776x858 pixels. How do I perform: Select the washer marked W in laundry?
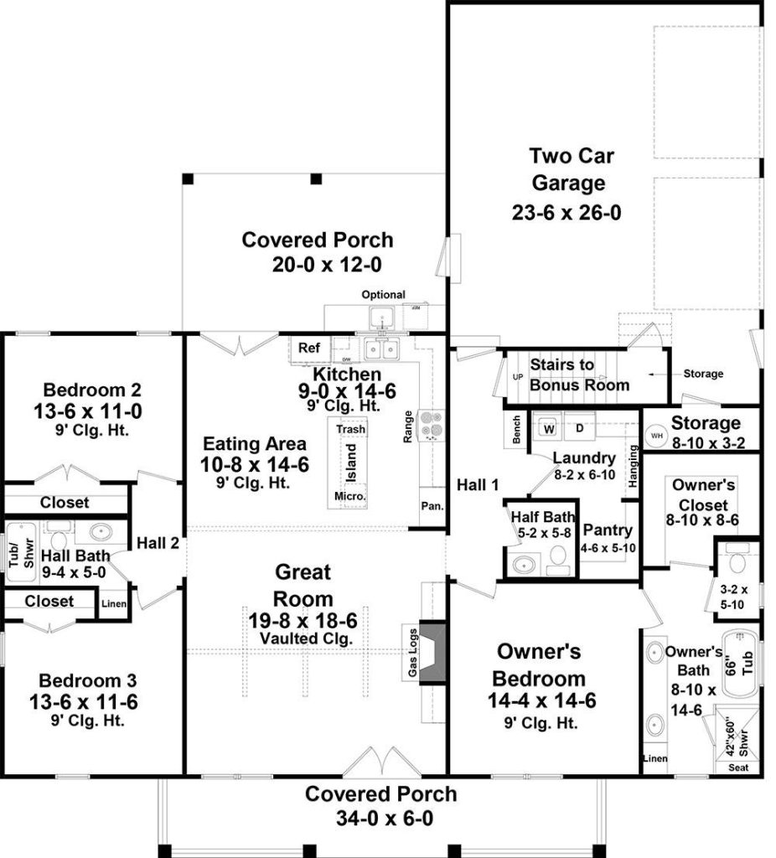pos(550,429)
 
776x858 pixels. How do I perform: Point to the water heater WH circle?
pos(656,437)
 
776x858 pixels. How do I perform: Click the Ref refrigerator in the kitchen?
pos(309,348)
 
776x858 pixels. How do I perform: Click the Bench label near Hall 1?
pos(515,431)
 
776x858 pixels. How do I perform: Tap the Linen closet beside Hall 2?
pos(113,603)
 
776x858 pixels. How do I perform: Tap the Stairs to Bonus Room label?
pos(579,375)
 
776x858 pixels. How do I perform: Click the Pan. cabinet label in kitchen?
pos(433,505)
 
